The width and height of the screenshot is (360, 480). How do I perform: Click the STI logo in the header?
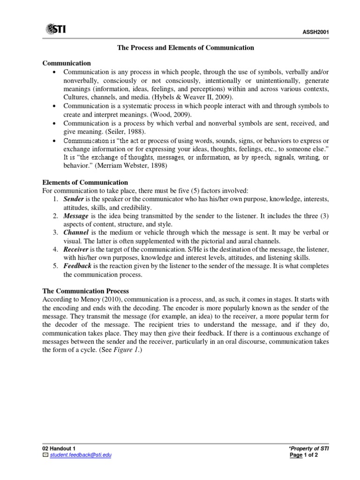(x=56, y=30)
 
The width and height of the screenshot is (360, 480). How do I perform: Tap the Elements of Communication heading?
(x=85, y=182)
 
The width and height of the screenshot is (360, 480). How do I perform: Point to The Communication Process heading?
(x=86, y=291)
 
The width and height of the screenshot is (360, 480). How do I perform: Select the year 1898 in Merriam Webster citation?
(x=158, y=165)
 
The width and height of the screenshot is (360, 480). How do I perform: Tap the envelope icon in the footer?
(x=45, y=455)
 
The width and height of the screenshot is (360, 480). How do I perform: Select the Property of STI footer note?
(x=309, y=449)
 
